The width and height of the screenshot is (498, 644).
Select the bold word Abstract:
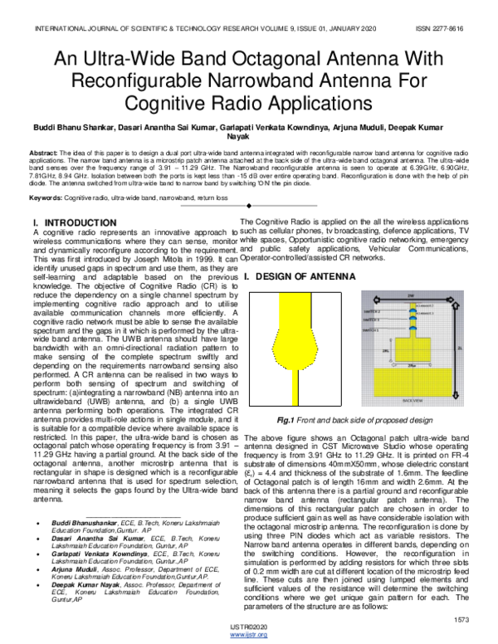(x=43, y=155)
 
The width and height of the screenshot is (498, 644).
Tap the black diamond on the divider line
(x=248, y=206)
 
